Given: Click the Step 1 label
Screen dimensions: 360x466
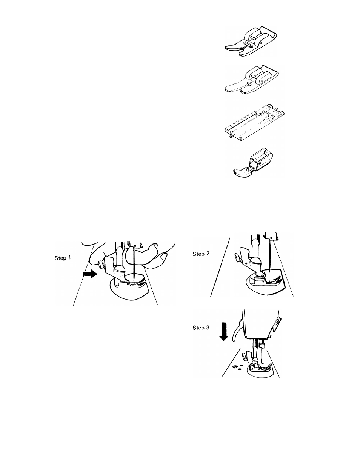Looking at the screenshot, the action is pyautogui.click(x=63, y=258).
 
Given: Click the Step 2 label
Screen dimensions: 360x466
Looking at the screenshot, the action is pyautogui.click(x=201, y=254).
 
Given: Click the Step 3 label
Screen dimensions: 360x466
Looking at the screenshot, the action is pyautogui.click(x=201, y=328).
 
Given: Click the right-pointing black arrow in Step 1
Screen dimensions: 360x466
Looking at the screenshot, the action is pyautogui.click(x=90, y=274).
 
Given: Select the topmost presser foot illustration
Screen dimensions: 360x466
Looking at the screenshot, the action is pyautogui.click(x=251, y=42).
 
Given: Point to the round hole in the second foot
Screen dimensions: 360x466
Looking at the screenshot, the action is pyautogui.click(x=249, y=84).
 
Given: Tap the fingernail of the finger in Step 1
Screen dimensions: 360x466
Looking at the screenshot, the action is pyautogui.click(x=164, y=256).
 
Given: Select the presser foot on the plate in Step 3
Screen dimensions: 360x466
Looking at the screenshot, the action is pyautogui.click(x=260, y=368).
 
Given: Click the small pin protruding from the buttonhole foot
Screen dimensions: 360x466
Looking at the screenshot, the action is pyautogui.click(x=231, y=136).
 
